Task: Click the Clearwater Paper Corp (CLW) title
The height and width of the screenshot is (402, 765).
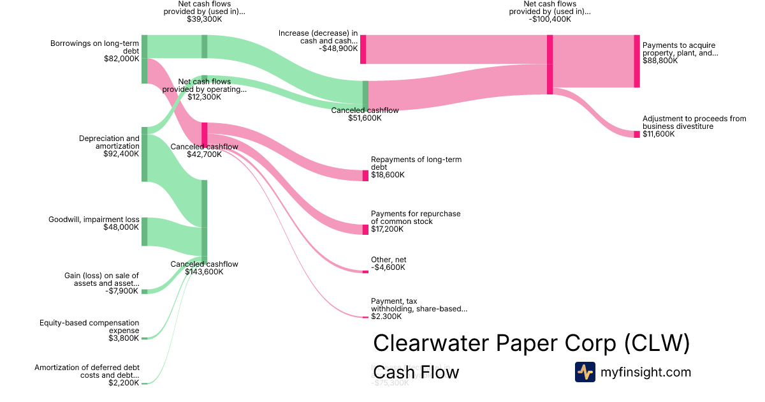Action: click(x=531, y=343)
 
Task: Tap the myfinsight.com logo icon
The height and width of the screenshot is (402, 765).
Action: click(x=585, y=372)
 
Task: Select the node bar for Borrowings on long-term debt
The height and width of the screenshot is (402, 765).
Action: click(x=144, y=59)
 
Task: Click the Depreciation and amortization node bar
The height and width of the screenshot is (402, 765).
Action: click(x=144, y=154)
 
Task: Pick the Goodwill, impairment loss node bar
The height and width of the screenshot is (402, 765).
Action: click(x=144, y=232)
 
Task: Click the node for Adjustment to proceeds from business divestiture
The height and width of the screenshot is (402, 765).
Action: click(x=636, y=134)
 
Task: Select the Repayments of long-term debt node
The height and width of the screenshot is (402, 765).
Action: click(x=365, y=175)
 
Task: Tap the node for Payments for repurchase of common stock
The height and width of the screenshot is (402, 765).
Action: click(x=365, y=229)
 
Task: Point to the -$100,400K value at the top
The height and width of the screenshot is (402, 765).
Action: click(x=550, y=19)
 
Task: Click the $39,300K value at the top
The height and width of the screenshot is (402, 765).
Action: click(x=204, y=19)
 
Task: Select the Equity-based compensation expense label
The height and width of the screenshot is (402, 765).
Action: click(x=89, y=327)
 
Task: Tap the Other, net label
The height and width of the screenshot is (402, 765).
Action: click(x=388, y=260)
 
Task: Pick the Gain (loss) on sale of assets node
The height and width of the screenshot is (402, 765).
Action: click(x=144, y=292)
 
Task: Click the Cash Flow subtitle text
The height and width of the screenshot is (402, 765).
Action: click(x=416, y=372)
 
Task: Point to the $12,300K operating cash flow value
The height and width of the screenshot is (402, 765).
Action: click(x=204, y=98)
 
